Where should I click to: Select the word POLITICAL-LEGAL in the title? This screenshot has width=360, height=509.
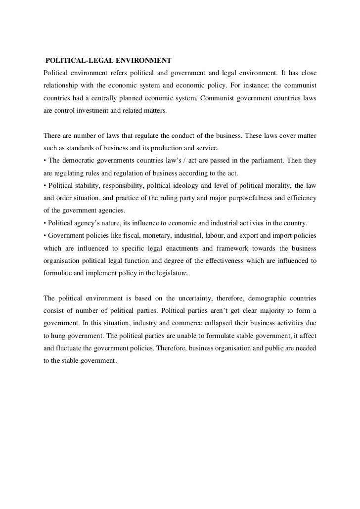pos(75,61)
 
